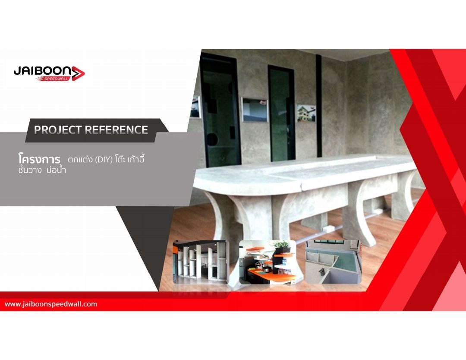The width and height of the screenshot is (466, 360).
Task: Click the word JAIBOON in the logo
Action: click(x=42, y=71)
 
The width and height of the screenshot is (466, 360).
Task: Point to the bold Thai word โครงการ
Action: click(x=39, y=159)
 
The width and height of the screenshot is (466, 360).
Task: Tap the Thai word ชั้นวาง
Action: click(x=30, y=171)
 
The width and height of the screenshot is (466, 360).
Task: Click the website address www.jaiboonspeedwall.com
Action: click(x=51, y=304)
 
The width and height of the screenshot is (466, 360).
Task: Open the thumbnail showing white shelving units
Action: click(x=201, y=262)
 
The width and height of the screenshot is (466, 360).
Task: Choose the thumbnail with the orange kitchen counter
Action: click(x=268, y=262)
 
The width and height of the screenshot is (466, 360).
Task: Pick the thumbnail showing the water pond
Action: click(x=334, y=262)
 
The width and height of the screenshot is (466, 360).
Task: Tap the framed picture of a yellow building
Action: click(x=306, y=113)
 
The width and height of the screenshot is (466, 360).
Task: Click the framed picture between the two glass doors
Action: click(x=255, y=109)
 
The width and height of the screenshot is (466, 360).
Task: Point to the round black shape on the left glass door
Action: click(x=211, y=139)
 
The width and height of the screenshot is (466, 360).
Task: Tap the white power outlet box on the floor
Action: click(x=328, y=229)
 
